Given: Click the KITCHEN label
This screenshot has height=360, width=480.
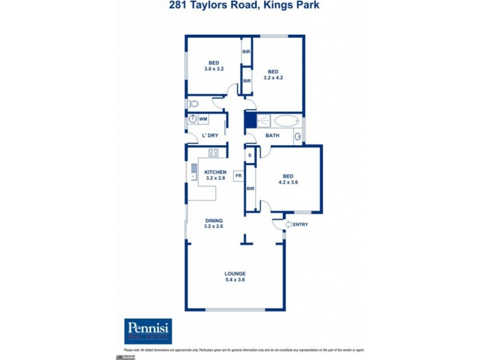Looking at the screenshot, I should click(x=215, y=172).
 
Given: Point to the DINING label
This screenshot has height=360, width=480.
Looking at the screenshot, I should click(x=214, y=220).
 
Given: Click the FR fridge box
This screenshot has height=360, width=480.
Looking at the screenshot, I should click(x=238, y=176).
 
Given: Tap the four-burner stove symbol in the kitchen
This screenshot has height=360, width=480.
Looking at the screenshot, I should click(x=213, y=152).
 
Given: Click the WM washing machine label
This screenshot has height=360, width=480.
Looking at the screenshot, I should click(x=203, y=119).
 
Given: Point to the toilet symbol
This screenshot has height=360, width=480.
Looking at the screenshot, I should click(x=193, y=104).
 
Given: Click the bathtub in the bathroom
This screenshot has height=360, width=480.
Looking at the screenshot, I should click(x=285, y=121).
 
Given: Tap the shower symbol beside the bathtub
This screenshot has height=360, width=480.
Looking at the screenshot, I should click(x=265, y=121).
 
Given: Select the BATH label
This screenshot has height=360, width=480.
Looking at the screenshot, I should click(x=272, y=136).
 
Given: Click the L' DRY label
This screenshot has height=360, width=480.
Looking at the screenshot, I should click(x=210, y=136).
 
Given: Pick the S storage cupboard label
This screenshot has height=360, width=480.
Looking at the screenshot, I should click(x=250, y=155).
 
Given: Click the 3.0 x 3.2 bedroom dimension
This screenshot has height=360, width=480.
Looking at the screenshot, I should click(x=214, y=69).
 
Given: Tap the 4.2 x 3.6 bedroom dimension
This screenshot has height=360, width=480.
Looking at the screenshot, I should click(x=288, y=182).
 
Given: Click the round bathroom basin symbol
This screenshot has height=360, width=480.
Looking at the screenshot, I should click(x=297, y=137).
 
